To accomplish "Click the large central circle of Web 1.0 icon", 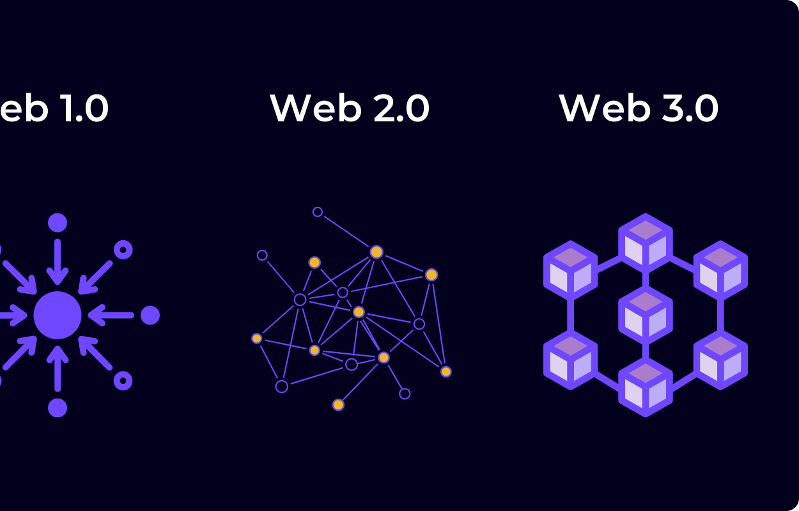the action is click(x=58, y=315).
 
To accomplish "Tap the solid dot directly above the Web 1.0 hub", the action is click(x=58, y=223).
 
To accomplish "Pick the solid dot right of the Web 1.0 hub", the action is click(x=150, y=315).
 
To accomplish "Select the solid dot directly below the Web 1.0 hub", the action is click(x=58, y=408).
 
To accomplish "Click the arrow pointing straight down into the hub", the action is click(x=58, y=262).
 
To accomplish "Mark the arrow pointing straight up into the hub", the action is click(x=58, y=368).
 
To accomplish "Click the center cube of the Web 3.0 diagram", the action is click(x=646, y=314).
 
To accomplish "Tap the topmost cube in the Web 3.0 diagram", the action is click(x=646, y=243).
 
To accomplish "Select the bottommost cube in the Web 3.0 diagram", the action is click(x=646, y=387).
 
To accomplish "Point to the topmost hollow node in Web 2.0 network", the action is click(x=318, y=212).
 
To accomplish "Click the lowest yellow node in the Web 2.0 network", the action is click(x=338, y=404).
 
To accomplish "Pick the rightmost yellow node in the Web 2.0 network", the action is click(x=446, y=372).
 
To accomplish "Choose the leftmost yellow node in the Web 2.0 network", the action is click(x=257, y=339).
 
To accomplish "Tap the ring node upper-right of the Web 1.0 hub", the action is click(x=123, y=250).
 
